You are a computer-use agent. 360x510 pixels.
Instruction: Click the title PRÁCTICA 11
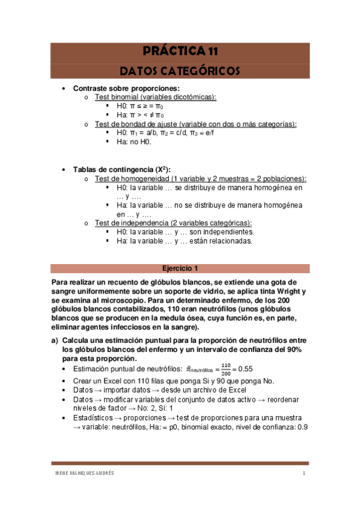pyautogui.click(x=180, y=51)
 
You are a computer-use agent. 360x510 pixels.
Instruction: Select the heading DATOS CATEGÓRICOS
pyautogui.click(x=180, y=71)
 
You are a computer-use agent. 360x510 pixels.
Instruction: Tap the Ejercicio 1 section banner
pyautogui.click(x=180, y=268)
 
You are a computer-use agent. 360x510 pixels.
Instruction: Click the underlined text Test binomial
pyautogui.click(x=118, y=97)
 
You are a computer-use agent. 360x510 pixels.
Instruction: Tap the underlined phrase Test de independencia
pyautogui.click(x=133, y=223)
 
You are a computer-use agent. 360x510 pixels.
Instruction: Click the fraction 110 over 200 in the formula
pyautogui.click(x=225, y=368)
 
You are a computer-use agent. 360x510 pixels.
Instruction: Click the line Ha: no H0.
pyautogui.click(x=134, y=142)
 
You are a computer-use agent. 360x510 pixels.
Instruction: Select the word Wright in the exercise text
pyautogui.click(x=285, y=291)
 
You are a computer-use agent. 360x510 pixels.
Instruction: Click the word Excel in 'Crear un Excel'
pyautogui.click(x=114, y=381)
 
